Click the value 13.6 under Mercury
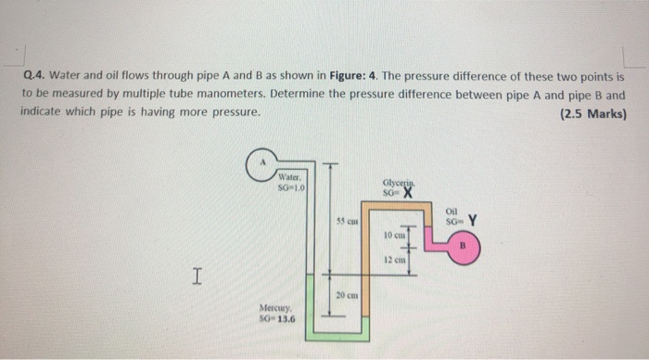[284, 320]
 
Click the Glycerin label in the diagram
[395, 184]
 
